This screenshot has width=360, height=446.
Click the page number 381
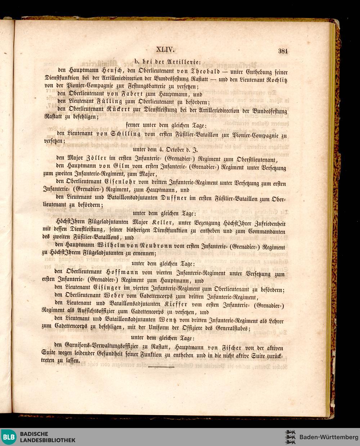click(283, 51)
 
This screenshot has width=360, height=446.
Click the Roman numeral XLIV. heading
click(166, 50)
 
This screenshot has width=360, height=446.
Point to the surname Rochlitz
click(276, 79)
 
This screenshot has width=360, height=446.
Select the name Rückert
click(125, 109)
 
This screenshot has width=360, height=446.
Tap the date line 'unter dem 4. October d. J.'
click(165, 149)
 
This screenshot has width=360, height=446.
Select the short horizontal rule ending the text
click(161, 367)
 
